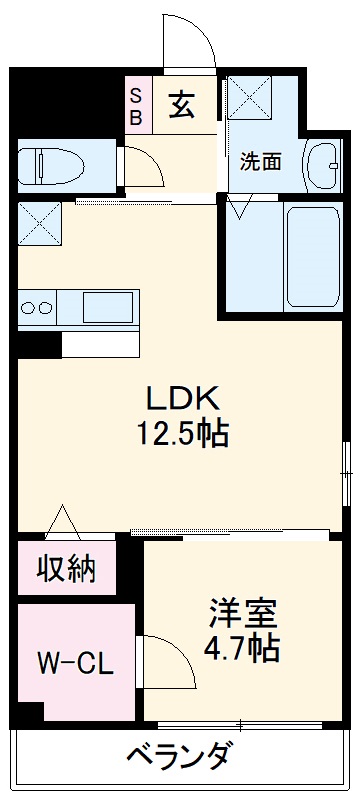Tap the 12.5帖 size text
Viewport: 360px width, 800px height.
point(182,435)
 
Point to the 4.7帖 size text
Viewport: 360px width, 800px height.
point(243,648)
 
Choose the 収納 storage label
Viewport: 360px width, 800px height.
point(67,569)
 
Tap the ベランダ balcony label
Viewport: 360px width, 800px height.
point(182,757)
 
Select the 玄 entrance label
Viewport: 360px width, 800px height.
point(181,104)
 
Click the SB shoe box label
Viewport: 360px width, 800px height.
point(137,104)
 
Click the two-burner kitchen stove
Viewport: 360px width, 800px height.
point(37,306)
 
